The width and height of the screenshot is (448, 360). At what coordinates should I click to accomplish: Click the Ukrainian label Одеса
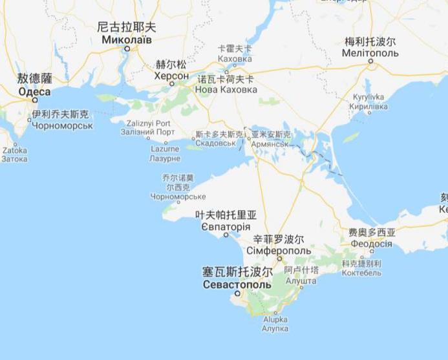pos(34,91)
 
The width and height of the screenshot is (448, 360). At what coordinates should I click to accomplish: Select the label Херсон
pos(171,76)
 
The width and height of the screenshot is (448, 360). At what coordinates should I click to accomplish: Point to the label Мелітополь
pos(370,52)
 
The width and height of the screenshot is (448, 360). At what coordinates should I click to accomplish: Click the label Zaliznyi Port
pos(149,123)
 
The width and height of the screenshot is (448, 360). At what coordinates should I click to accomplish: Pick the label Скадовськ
pos(215,143)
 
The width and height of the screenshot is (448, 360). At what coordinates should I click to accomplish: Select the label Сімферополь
pos(279,250)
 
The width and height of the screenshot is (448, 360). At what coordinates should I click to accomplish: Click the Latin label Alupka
pos(275,319)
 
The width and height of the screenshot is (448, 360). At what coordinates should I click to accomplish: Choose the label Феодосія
pos(372,244)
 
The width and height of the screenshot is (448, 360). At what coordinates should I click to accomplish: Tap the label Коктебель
pos(361,273)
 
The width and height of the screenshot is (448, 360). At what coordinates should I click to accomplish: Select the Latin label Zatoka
pos(14,151)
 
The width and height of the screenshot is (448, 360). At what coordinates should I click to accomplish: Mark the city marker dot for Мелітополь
pos(370,62)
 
